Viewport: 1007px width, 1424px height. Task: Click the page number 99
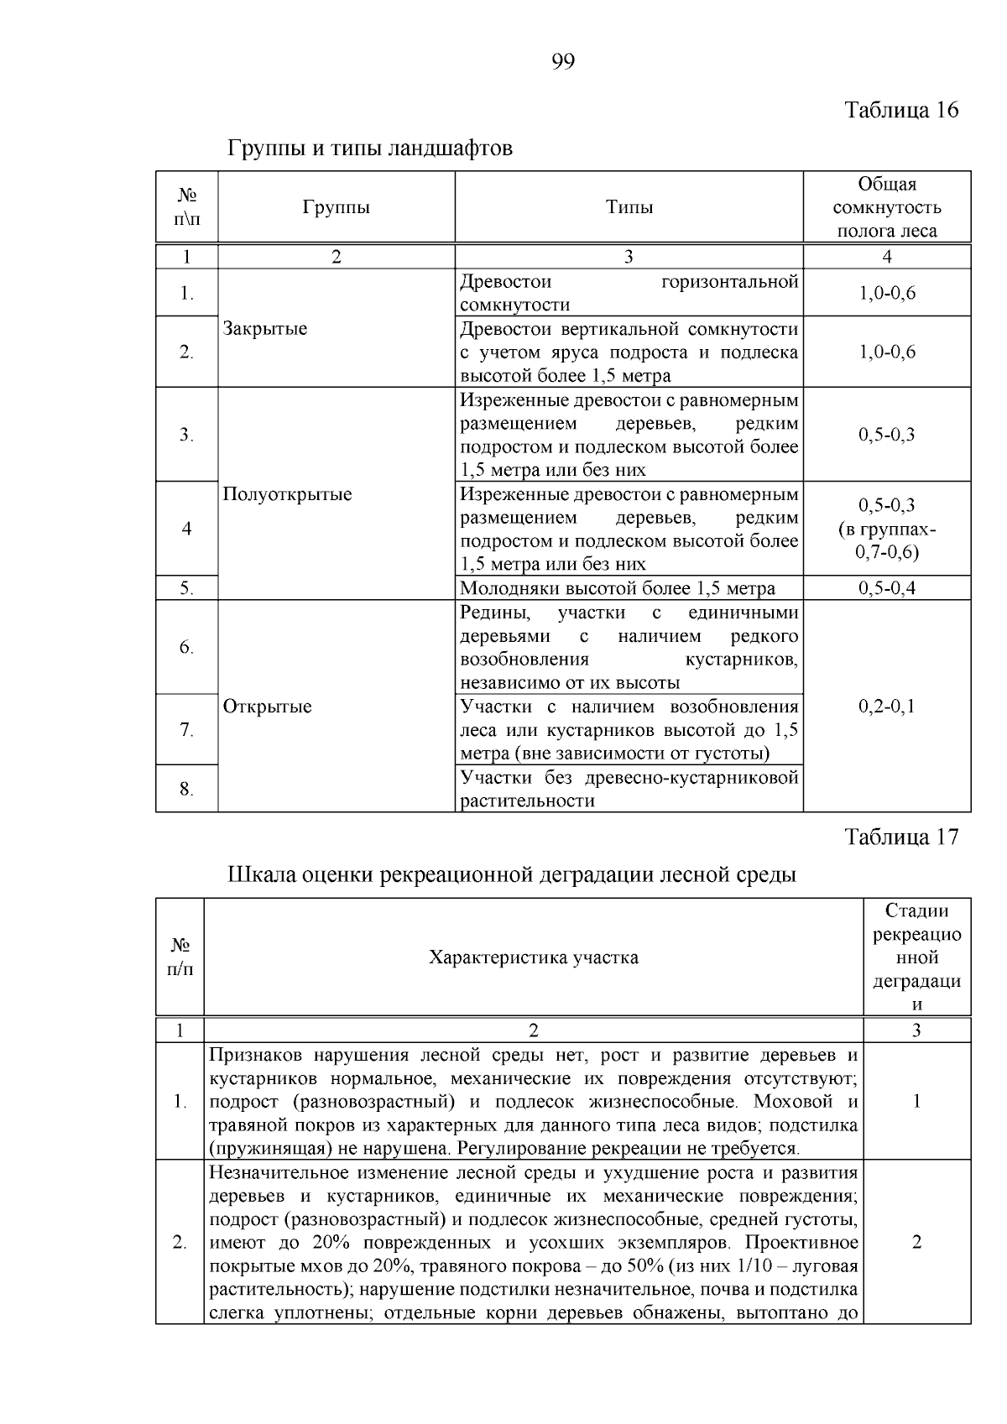pyautogui.click(x=563, y=61)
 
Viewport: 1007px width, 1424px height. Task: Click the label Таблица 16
pyautogui.click(x=900, y=110)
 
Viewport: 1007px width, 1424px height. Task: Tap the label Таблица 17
pyautogui.click(x=900, y=837)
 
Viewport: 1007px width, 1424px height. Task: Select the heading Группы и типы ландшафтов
pyautogui.click(x=370, y=149)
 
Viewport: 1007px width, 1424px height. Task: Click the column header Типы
pyautogui.click(x=629, y=207)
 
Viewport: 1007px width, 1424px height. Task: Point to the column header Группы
pyautogui.click(x=336, y=207)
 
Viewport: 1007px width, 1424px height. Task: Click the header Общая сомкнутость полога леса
pyautogui.click(x=886, y=207)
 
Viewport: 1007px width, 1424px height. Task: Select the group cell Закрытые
pyautogui.click(x=265, y=328)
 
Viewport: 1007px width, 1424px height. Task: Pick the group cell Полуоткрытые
pyautogui.click(x=287, y=493)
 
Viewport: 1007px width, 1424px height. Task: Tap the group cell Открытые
pyautogui.click(x=267, y=706)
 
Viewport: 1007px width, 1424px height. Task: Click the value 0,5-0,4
pyautogui.click(x=886, y=587)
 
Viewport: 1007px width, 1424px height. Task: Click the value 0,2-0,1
pyautogui.click(x=886, y=706)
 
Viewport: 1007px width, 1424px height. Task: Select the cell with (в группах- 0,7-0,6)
pyautogui.click(x=886, y=540)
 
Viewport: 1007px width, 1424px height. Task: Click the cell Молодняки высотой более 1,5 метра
pyautogui.click(x=618, y=587)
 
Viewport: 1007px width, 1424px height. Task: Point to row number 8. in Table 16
pyautogui.click(x=186, y=788)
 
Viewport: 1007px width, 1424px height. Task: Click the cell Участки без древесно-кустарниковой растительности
pyautogui.click(x=629, y=788)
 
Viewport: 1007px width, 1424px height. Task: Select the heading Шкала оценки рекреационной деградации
pyautogui.click(x=512, y=874)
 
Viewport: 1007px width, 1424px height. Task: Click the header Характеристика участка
pyautogui.click(x=533, y=957)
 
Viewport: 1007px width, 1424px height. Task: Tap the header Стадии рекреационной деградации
pyautogui.click(x=916, y=957)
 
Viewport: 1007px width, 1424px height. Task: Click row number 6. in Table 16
pyautogui.click(x=186, y=647)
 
